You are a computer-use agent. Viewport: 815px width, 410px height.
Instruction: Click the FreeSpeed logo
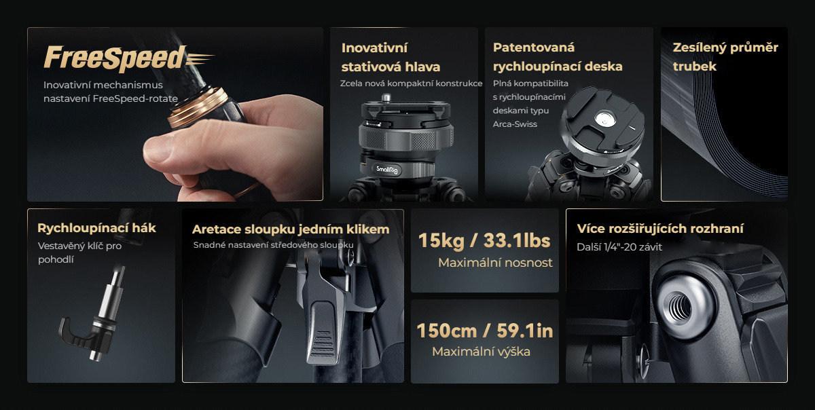point(129,58)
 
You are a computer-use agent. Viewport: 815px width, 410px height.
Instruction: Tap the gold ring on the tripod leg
point(198,107)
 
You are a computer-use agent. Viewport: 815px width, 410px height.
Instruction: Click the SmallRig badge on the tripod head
point(386,170)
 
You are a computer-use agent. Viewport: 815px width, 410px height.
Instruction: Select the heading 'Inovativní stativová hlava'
point(391,57)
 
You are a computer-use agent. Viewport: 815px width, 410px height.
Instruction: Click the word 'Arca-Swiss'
point(515,124)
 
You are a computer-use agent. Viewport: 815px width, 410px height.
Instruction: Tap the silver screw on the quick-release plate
point(605,119)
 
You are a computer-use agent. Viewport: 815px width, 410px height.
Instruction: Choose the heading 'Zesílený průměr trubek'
point(725,57)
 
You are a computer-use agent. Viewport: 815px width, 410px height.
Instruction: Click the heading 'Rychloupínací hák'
point(96,228)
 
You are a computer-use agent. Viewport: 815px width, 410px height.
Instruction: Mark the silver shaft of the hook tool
point(111,295)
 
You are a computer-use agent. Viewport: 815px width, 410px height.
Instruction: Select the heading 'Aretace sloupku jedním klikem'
point(291,229)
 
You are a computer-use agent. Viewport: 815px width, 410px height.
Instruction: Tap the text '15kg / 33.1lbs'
point(484,240)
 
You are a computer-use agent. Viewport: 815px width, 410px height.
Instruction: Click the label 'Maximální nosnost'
point(495,263)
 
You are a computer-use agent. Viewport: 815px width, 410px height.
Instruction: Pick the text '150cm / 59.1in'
point(485,331)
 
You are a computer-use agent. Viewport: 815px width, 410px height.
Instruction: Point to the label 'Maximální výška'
point(481,352)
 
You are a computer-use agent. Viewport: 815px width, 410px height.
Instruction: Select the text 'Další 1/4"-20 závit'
point(619,247)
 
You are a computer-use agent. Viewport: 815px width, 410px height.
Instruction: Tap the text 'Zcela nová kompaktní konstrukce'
point(411,83)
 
